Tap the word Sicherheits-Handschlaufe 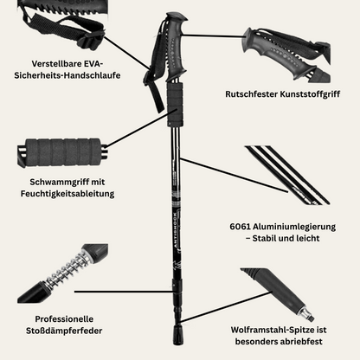pos(67,75)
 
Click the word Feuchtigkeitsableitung pos(67,194)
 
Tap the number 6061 pos(240,227)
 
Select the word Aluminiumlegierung pos(294,227)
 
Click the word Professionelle pos(64,319)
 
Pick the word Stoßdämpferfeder pos(64,331)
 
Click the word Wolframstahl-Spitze pos(268,330)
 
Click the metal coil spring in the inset pos(67,268)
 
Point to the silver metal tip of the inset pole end pos(307,314)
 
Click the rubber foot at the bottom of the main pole pos(177,335)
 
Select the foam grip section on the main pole pos(175,105)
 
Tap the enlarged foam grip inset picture pos(62,152)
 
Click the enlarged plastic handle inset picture pos(286,55)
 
